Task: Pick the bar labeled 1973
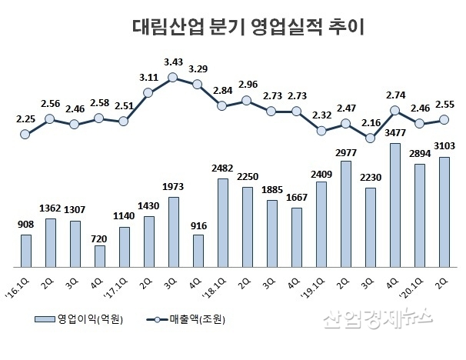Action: pos(173,230)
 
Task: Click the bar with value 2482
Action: pos(222,221)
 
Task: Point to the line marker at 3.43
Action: pos(173,77)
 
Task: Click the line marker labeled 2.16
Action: pos(370,138)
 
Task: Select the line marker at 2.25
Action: pos(25,134)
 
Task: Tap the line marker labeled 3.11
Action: pos(148,92)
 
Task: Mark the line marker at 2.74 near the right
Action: pos(394,110)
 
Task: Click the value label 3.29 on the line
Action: pos(198,68)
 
